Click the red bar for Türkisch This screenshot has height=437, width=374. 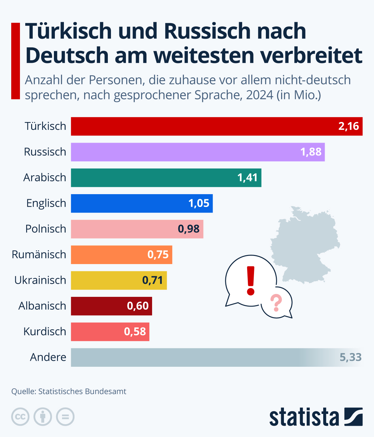pyautogui.click(x=203, y=126)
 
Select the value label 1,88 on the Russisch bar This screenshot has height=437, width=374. pyautogui.click(x=311, y=152)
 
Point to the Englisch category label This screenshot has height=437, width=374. pyautogui.click(x=46, y=203)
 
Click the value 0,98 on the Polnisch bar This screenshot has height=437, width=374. pyautogui.click(x=189, y=229)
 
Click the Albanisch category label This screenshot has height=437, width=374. pyautogui.click(x=42, y=306)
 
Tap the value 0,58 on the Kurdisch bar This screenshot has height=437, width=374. pyautogui.click(x=135, y=331)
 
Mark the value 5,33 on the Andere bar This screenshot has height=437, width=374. pyautogui.click(x=350, y=357)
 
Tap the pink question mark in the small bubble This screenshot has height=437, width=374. pyautogui.click(x=276, y=302)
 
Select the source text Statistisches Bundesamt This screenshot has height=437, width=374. pyautogui.click(x=82, y=391)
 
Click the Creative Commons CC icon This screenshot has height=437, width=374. pyautogui.click(x=20, y=417)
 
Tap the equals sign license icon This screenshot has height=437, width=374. pyautogui.click(x=65, y=417)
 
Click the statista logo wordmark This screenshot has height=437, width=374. pyautogui.click(x=304, y=417)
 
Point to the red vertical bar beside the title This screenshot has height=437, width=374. pyautogui.click(x=16, y=61)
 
